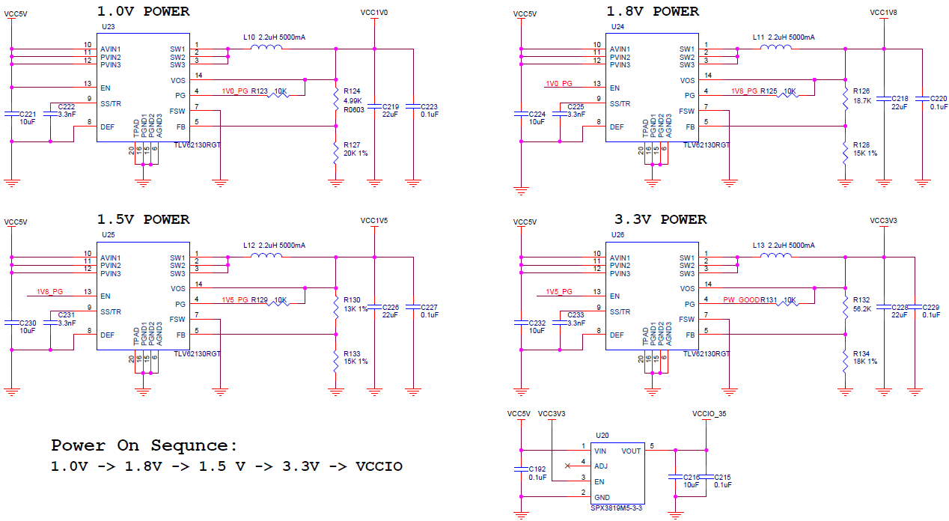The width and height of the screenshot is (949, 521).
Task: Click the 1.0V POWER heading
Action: pos(143,11)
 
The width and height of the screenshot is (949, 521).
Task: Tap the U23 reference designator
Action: pos(108,27)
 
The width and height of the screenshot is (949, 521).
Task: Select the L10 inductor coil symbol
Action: pos(266,47)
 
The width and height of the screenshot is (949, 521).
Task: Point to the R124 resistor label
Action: pos(352,91)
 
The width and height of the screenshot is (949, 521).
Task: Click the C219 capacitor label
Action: pos(391,107)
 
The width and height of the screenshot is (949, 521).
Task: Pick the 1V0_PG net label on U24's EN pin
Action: pos(559,83)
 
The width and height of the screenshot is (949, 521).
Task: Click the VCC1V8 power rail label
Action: pos(883,13)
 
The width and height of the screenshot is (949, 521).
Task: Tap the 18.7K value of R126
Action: pos(862,101)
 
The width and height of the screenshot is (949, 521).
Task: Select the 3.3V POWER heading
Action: pos(660,219)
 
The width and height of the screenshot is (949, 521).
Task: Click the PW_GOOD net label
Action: pos(742,300)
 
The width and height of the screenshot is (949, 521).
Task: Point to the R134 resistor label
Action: pos(861,353)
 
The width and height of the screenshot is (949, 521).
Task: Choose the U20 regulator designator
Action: pos(602,436)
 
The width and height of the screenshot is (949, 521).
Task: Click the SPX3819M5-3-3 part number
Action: pos(617,508)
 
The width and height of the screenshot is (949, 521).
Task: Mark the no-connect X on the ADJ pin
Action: pos(567,466)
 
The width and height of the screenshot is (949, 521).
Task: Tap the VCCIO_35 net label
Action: pos(710,414)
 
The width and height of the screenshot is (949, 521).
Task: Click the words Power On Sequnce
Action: pos(144,445)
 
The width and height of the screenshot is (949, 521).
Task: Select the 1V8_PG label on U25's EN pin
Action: pos(49,291)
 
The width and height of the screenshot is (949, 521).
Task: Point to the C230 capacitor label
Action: pos(28,323)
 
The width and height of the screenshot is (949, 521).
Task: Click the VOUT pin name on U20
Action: pos(631,451)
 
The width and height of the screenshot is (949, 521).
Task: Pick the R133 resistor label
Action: pos(352,353)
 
